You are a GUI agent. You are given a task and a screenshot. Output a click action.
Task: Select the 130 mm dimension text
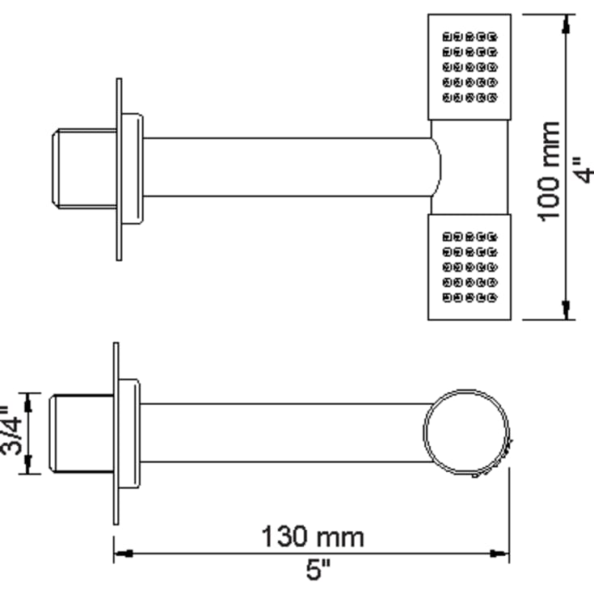pos(312,536)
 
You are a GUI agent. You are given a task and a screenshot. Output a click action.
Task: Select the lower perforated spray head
pos(470,268)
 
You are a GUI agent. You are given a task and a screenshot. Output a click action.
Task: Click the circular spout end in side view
pos(468,432)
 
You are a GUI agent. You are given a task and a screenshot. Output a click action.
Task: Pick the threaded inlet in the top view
pos(83,168)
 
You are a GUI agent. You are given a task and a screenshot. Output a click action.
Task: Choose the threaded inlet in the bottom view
pos(82,432)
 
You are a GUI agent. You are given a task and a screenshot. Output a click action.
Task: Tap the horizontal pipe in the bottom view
pos(283,432)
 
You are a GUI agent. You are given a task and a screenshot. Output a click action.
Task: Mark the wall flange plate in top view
pos(120,169)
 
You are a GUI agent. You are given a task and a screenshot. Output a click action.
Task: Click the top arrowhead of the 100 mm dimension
pos(566,23)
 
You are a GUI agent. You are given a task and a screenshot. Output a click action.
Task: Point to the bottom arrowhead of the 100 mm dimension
pos(566,311)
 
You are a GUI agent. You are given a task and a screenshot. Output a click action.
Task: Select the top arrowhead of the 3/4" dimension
pos(29,399)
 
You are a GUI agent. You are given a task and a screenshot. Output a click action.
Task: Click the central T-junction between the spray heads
pos(470,167)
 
